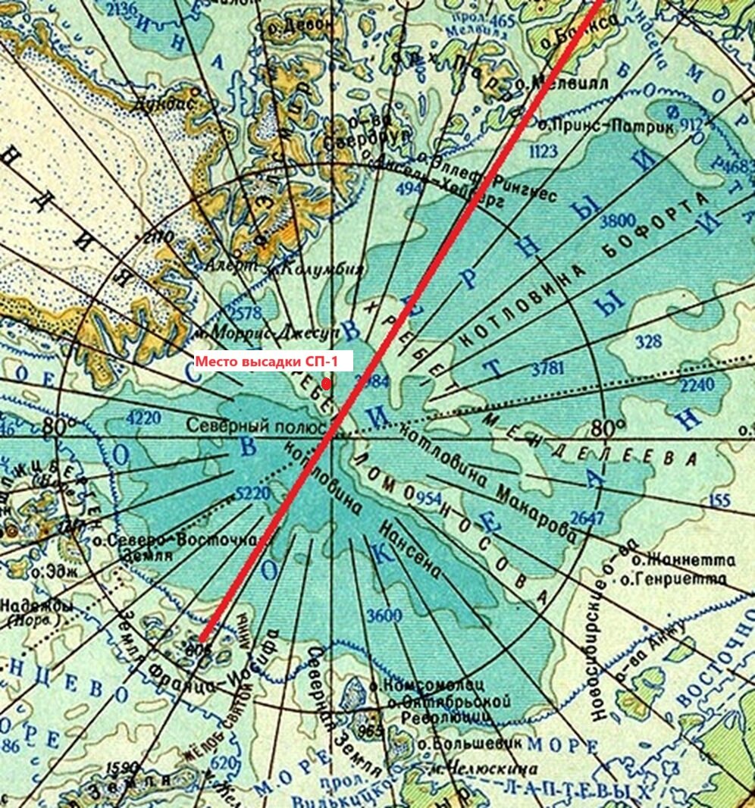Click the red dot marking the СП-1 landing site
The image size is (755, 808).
[x=326, y=384]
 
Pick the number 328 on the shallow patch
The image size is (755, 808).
[x=649, y=342]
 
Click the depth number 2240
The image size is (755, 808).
[x=697, y=385]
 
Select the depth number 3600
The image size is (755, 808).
[x=384, y=615]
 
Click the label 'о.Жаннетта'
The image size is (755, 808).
[x=684, y=561]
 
